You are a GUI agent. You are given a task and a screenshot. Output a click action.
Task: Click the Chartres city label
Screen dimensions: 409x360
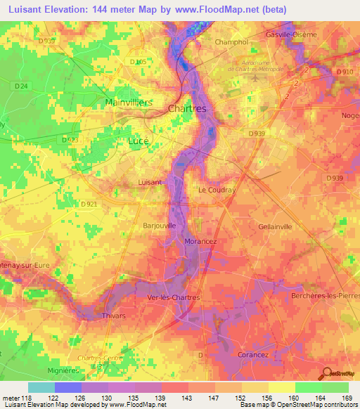point(187,109)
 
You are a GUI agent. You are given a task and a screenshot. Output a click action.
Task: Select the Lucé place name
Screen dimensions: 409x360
point(138,141)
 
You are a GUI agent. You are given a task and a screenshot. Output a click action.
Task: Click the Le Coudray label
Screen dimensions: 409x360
point(216,190)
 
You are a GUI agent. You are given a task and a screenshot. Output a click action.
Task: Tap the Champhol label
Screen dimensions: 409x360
point(229,42)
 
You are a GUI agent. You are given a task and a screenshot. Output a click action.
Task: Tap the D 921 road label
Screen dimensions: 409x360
point(88,204)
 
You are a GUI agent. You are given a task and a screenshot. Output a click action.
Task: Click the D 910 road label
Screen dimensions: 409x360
point(345,72)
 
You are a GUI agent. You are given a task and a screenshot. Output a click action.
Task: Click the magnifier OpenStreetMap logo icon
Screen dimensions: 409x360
point(326,373)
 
